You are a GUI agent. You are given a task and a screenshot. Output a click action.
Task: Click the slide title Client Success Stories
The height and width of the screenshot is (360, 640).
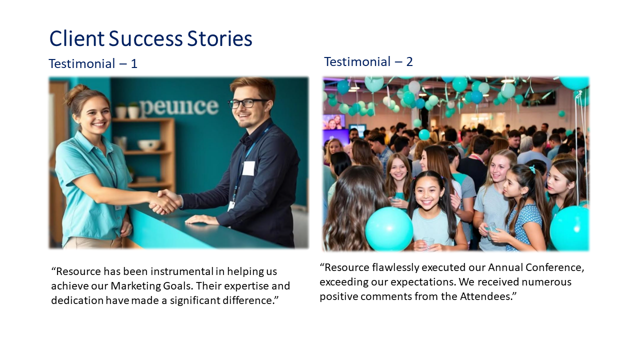tap(150, 38)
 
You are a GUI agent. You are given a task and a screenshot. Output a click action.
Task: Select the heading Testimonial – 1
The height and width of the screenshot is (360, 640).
tap(93, 64)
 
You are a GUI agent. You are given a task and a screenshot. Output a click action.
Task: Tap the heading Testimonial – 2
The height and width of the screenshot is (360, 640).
tap(368, 62)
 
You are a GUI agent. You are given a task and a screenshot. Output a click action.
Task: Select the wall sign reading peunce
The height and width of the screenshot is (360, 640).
tap(178, 106)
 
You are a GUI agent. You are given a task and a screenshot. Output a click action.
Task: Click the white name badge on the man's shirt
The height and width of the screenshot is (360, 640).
tap(248, 168)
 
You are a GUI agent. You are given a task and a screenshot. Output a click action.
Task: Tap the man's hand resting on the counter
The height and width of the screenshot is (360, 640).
tap(201, 219)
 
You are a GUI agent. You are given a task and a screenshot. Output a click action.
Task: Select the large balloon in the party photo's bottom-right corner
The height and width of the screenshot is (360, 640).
tap(570, 228)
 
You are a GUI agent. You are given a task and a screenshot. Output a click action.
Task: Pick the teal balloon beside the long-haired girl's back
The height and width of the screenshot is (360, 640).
tap(388, 228)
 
